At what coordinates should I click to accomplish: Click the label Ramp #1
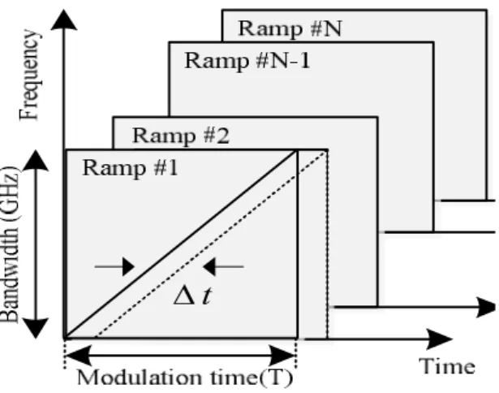130,168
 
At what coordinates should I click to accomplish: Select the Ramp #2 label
180,136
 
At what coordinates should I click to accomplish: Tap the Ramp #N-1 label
247,61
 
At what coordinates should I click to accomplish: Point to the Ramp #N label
290,28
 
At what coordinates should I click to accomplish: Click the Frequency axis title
29,75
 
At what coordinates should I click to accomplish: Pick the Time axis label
447,366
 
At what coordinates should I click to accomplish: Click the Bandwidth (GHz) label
11,244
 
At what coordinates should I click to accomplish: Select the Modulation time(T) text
184,378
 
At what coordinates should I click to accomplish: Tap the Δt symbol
192,296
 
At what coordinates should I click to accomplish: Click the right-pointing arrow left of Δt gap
114,266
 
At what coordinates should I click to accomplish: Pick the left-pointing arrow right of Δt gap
223,266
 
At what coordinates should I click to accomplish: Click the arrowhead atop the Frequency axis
64,19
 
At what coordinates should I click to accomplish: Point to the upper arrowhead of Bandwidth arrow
36,160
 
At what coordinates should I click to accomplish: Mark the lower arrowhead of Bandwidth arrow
36,328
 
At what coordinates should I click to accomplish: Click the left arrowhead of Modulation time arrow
78,355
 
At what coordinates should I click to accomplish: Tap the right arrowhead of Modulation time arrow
282,355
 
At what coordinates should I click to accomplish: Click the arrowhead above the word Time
440,339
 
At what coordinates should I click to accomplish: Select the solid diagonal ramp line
181,244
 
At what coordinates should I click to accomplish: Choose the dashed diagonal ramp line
211,244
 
